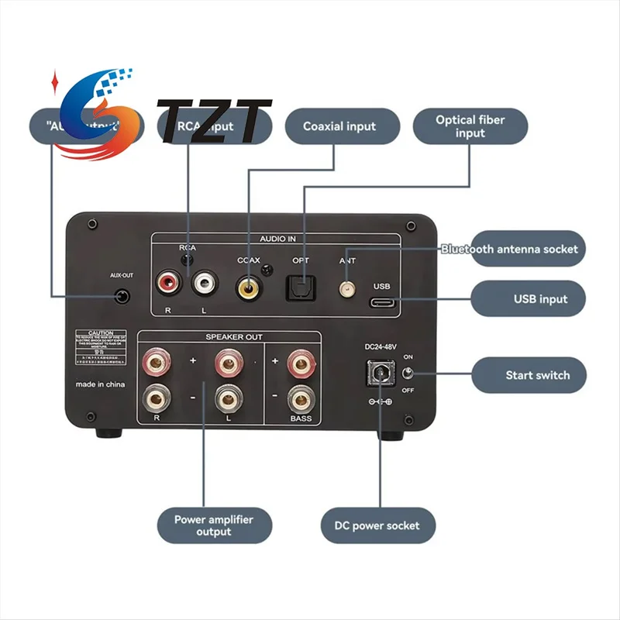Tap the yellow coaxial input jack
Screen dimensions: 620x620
(249, 288)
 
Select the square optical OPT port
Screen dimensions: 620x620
(301, 288)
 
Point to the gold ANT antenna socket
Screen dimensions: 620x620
(346, 289)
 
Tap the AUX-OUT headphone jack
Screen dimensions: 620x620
(121, 296)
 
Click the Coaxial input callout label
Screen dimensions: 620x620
(339, 126)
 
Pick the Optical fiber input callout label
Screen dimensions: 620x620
(470, 126)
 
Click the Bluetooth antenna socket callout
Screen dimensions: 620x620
(509, 249)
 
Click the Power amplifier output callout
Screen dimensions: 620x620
(214, 525)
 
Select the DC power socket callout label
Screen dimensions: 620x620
(377, 525)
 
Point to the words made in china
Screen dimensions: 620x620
(100, 384)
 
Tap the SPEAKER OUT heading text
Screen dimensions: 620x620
(233, 337)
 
